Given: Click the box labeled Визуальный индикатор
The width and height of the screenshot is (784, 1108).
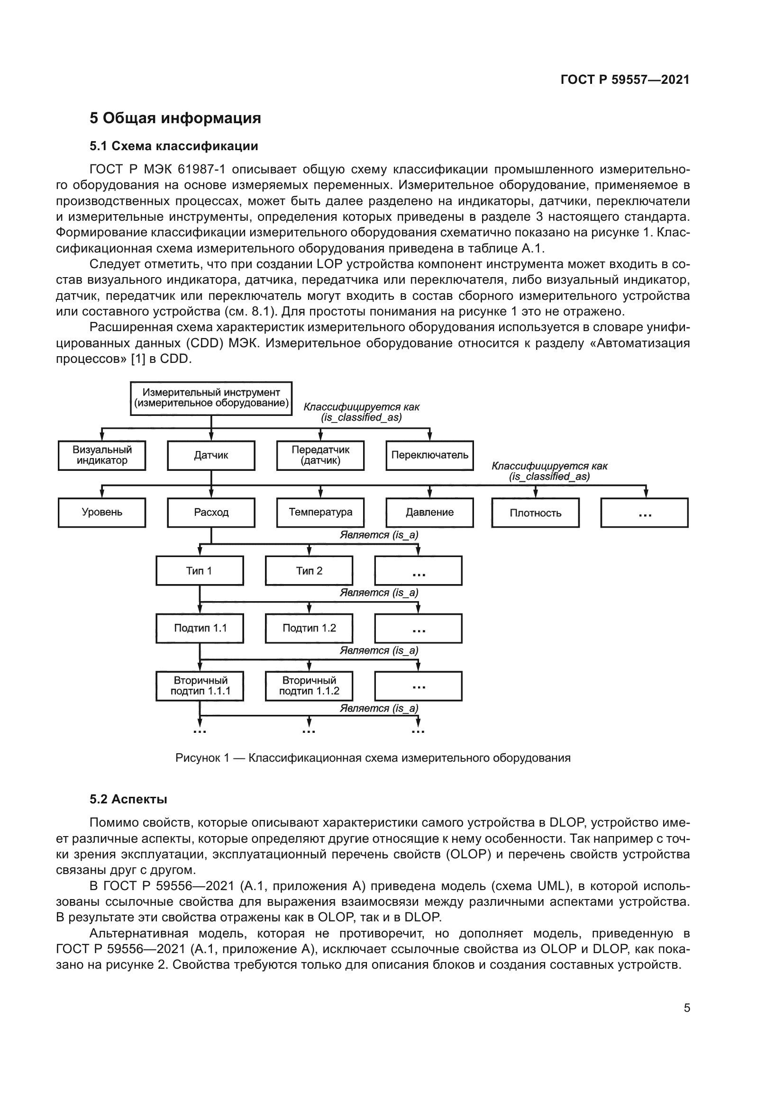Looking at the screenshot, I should pos(102,455).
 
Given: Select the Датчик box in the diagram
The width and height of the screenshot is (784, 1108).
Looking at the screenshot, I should pos(211,455).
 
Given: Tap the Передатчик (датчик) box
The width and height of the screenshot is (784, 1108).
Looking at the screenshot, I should pos(320,455).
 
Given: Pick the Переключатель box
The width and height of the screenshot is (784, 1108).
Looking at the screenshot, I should pos(429,455).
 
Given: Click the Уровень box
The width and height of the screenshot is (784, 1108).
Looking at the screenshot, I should pos(102,513).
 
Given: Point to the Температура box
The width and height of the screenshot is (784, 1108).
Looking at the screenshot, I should pos(320,513).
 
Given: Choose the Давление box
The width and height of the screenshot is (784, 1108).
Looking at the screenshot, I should pos(429,513).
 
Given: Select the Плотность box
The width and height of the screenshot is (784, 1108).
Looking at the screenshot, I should pos(535,513).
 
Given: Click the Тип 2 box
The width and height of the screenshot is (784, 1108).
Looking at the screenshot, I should pos(309,571).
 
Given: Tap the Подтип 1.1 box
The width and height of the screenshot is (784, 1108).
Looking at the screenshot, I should pos(200,628).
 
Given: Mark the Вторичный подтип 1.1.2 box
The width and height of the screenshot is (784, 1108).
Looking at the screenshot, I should pos(309,686).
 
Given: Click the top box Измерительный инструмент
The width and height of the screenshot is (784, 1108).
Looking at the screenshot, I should pos(211,398).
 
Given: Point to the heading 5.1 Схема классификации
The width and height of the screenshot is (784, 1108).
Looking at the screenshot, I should pos(174,146).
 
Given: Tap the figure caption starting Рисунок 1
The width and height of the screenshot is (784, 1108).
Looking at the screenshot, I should pos(373,758).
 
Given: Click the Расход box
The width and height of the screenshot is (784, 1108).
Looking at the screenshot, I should pos(211,513).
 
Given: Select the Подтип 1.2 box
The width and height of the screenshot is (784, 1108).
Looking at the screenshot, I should pos(309,628).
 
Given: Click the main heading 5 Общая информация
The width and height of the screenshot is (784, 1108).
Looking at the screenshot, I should pos(175,118).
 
